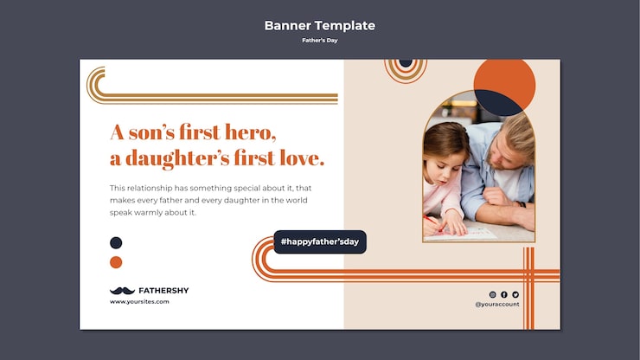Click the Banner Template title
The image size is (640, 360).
[x=320, y=25]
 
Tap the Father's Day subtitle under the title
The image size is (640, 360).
[x=320, y=40]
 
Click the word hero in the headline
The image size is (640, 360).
[x=250, y=132]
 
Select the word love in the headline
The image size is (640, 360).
[x=302, y=157]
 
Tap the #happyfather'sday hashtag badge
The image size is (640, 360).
[x=320, y=242]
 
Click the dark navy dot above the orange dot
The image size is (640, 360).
[x=116, y=242]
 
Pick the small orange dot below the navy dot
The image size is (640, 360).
[x=116, y=262]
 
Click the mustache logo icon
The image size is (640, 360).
[x=122, y=291]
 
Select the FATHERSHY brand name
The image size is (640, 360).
[x=163, y=291]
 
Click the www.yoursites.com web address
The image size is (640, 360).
[x=139, y=301]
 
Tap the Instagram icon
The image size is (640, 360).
[x=493, y=294]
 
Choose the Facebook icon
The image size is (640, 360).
[x=504, y=294]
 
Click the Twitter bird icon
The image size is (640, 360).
[x=515, y=294]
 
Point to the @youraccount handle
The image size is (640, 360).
[x=497, y=304]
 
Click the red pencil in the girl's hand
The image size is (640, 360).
[x=433, y=224]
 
